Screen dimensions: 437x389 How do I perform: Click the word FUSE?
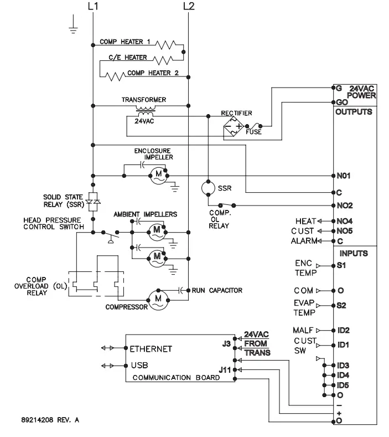pyautogui.click(x=256, y=133)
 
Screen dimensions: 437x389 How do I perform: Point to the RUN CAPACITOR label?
pyautogui.click(x=217, y=290)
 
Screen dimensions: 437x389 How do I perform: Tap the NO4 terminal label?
pyautogui.click(x=345, y=221)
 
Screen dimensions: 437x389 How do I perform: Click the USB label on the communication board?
pyautogui.click(x=139, y=366)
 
